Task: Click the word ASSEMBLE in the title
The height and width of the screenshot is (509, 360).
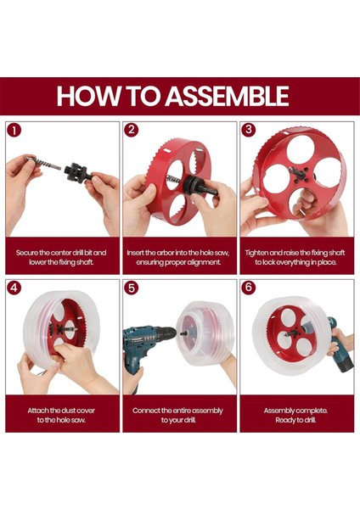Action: (227, 96)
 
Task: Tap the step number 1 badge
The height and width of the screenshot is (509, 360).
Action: (14, 130)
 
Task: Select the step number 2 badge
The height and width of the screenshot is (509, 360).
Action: (132, 130)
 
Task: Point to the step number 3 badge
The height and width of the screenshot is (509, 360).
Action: (249, 130)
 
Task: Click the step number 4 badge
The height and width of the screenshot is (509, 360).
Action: (14, 288)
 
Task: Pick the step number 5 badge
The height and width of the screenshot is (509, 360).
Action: (132, 288)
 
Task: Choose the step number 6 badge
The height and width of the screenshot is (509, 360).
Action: (249, 288)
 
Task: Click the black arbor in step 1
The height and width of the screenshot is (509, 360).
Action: (77, 171)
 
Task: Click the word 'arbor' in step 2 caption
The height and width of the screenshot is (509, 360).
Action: (165, 253)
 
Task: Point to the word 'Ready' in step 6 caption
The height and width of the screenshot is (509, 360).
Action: (284, 420)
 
